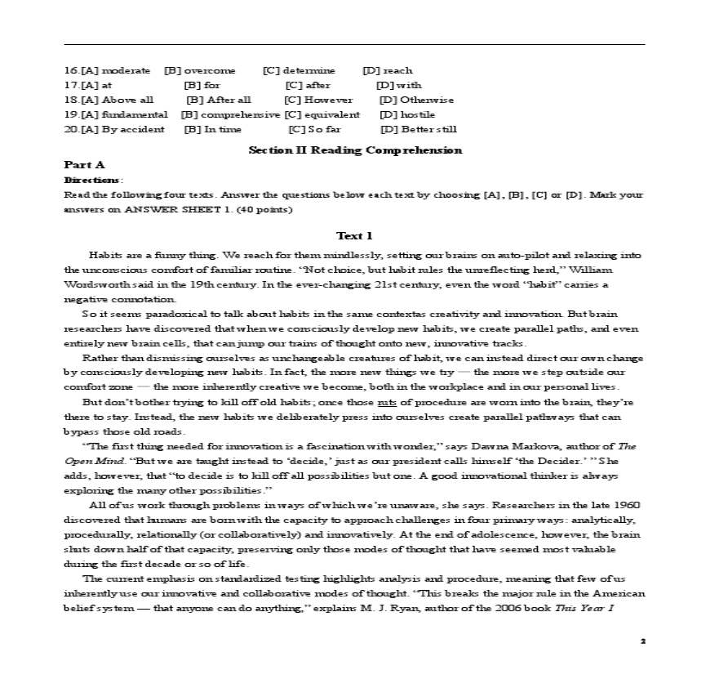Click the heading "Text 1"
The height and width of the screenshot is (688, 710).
point(354,236)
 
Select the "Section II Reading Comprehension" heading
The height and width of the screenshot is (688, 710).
point(354,150)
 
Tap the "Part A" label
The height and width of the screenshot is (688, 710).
point(84,165)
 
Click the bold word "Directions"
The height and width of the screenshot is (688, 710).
point(91,180)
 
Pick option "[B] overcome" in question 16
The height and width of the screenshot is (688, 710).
point(199,71)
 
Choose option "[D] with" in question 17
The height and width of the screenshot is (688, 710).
point(399,85)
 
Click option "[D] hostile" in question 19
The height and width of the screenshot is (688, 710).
point(407,114)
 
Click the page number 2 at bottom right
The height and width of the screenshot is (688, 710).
point(642,641)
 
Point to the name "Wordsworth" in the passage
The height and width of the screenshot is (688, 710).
point(91,284)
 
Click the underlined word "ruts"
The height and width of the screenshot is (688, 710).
point(387,403)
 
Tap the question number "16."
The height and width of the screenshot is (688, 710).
point(71,71)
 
